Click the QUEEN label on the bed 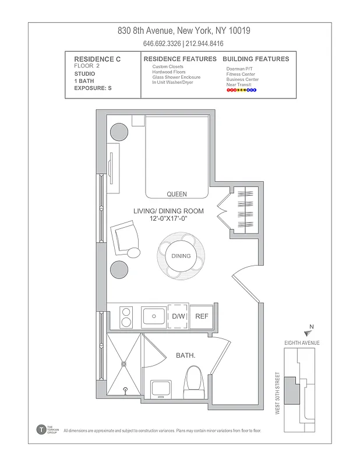(177, 194)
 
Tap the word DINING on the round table (181, 256)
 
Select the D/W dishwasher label (178, 316)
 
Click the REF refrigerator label (202, 316)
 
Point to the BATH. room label (186, 355)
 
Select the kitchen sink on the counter (154, 317)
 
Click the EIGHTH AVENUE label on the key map (301, 343)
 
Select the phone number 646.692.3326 (162, 44)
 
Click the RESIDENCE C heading (95, 59)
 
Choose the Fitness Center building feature (241, 75)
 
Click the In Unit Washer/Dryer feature (172, 82)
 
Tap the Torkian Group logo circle (41, 429)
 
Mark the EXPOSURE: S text (93, 88)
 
